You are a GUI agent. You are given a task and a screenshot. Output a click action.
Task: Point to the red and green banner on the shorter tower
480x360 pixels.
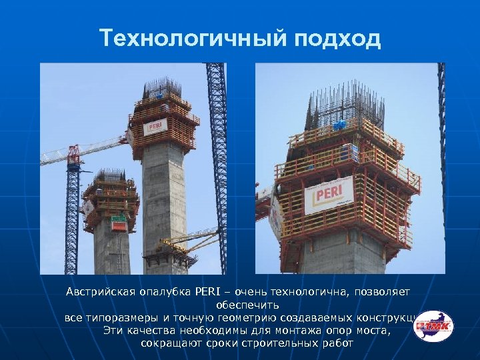tap(119, 223)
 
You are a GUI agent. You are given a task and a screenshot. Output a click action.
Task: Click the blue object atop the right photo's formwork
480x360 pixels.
tap(340, 124)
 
